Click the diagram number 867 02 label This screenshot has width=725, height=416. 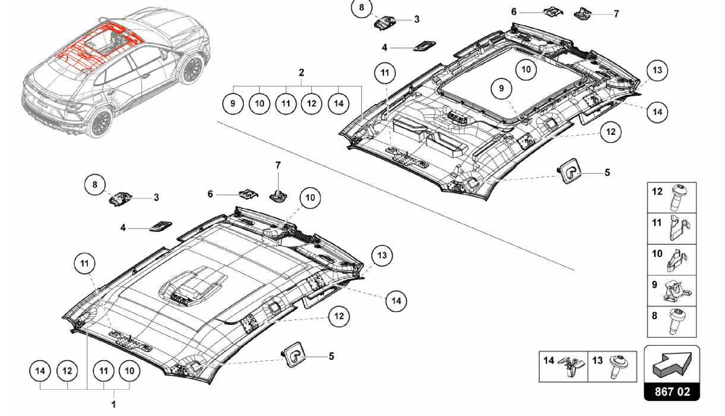(x=672, y=392)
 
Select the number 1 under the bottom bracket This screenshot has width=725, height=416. (x=114, y=404)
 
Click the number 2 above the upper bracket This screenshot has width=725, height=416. (x=301, y=73)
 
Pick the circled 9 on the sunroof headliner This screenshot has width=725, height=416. (x=501, y=88)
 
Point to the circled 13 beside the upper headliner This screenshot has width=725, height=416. (x=657, y=70)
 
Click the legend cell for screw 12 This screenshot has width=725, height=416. (x=672, y=198)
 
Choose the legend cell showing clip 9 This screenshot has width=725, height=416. (x=672, y=291)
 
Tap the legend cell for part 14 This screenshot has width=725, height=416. (x=563, y=366)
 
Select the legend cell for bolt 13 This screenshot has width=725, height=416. (x=612, y=366)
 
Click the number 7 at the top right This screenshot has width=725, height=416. (x=616, y=14)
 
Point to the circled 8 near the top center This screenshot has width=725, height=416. (x=361, y=7)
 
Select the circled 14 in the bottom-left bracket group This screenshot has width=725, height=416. (x=40, y=371)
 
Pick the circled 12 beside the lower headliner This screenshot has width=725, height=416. (x=339, y=316)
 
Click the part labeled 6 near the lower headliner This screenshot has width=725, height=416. (x=249, y=194)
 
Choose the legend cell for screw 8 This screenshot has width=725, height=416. (x=672, y=322)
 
